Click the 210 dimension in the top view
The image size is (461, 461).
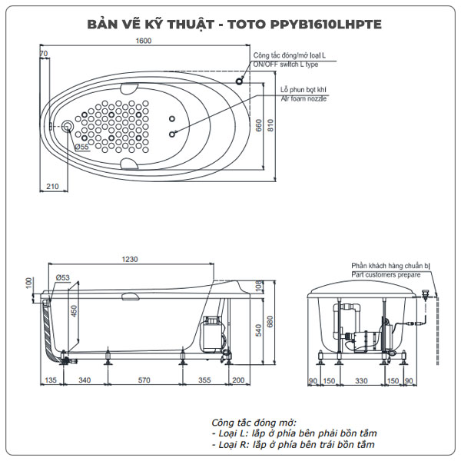[x=52, y=187]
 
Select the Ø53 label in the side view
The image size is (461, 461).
[x=63, y=277]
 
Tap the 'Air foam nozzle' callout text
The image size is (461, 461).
[x=303, y=99]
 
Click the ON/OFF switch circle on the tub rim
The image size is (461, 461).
[x=240, y=81]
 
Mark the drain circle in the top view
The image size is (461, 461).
[x=68, y=126]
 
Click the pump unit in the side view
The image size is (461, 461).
[x=211, y=334]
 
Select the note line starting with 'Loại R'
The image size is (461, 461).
[x=294, y=445]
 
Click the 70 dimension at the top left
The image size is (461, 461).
[x=44, y=53]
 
